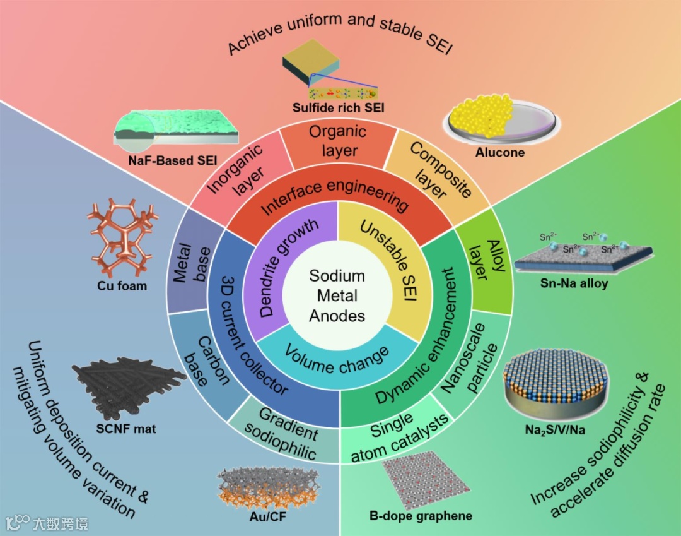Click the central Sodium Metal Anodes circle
click(x=337, y=295)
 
